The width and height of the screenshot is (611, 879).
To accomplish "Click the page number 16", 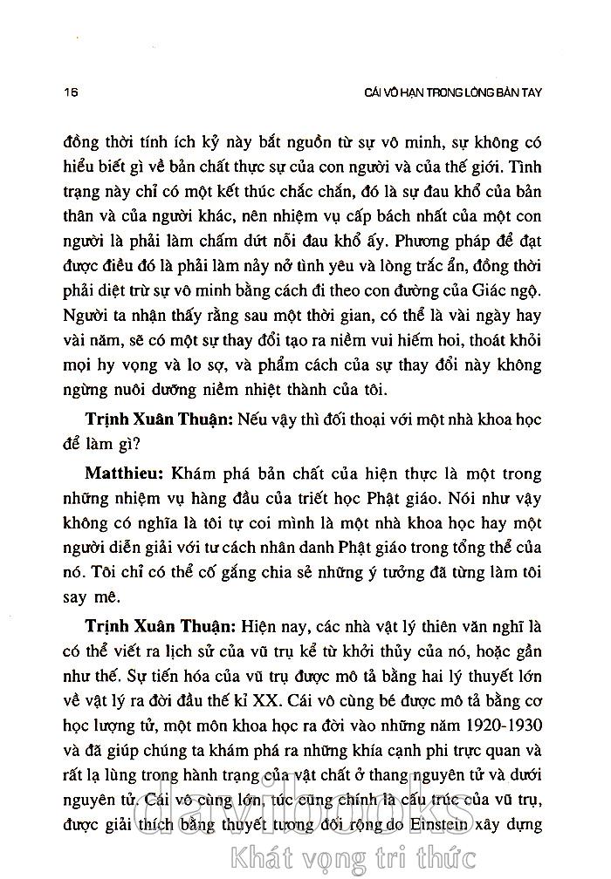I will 60,92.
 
